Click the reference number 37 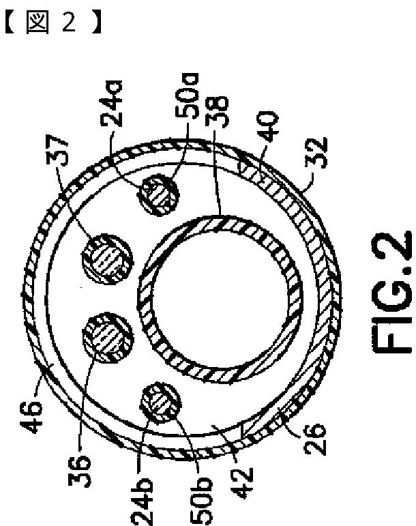pos(57,151)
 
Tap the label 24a pos(112,104)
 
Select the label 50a pos(187,96)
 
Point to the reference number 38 pos(216,112)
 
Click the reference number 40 pos(267,126)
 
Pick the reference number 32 pos(316,152)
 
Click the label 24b pos(142,501)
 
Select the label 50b pos(201,501)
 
